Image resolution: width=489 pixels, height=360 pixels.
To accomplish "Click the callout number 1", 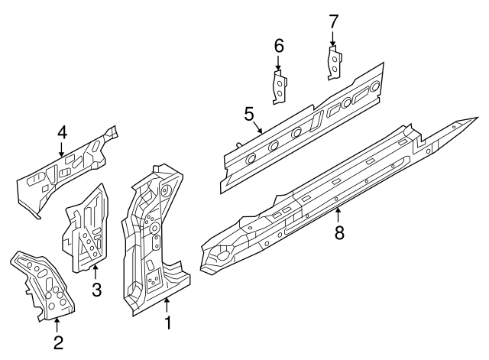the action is [168, 323].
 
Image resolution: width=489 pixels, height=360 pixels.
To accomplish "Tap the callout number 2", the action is [58, 342].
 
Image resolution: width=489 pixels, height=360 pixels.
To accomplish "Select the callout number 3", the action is [97, 290].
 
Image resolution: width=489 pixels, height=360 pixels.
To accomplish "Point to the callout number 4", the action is [62, 132].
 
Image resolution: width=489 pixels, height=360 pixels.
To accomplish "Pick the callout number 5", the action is [249, 114].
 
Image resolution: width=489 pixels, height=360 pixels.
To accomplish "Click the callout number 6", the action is [279, 46].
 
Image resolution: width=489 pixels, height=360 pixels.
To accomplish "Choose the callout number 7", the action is [333, 22].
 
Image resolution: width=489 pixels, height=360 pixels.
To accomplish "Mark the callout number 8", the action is [339, 232].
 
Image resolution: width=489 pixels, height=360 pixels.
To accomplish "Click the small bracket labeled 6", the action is [280, 87].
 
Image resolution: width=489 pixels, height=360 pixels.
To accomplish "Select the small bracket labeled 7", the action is [335, 63].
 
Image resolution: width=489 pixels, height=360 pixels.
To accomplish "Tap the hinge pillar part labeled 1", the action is [156, 240].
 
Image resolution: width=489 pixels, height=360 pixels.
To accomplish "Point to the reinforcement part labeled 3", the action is [87, 228].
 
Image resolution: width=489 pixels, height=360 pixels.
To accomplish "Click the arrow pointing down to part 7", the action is [332, 39].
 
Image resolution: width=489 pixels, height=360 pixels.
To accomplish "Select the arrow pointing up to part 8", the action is [338, 216].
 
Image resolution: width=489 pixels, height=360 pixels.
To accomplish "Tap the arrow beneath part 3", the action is [96, 271].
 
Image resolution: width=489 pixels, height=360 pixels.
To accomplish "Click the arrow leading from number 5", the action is [257, 128].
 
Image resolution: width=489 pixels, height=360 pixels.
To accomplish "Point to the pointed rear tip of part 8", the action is [478, 118].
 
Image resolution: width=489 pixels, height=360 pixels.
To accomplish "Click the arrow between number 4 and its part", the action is [61, 149].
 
